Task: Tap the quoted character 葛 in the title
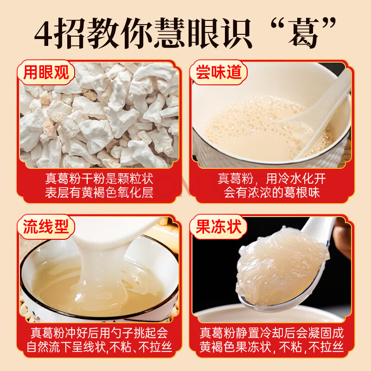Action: click(x=303, y=32)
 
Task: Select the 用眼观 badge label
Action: click(x=46, y=73)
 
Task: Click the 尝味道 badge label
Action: click(x=218, y=73)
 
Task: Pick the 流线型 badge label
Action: click(x=46, y=227)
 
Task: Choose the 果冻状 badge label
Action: click(x=218, y=227)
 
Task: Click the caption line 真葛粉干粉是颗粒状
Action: click(x=99, y=179)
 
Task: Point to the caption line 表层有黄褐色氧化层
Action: click(x=99, y=192)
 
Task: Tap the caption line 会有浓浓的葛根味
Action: click(x=272, y=192)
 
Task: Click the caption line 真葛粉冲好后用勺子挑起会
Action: click(x=99, y=333)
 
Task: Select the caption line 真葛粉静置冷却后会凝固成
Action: click(x=272, y=333)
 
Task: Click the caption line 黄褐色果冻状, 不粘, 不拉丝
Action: click(x=272, y=347)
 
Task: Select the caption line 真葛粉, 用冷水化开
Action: click(x=272, y=179)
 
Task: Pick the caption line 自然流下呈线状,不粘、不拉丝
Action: click(x=99, y=347)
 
